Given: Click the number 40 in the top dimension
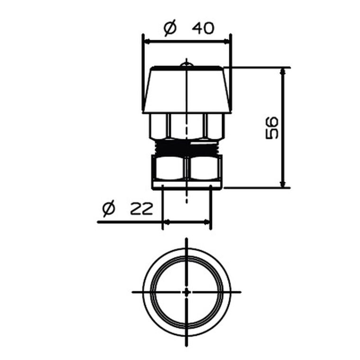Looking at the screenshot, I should click(x=203, y=28).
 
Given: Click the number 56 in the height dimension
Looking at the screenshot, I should click(x=271, y=127).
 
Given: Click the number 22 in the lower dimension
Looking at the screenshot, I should click(x=142, y=208).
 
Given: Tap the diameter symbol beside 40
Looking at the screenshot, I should click(x=170, y=28).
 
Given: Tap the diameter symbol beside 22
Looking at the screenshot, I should click(x=108, y=208).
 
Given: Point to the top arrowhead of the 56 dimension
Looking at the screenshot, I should click(x=283, y=71).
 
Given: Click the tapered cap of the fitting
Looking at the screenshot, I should click(x=187, y=90).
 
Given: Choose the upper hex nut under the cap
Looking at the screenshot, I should click(x=187, y=126).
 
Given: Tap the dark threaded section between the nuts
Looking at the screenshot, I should click(x=187, y=148).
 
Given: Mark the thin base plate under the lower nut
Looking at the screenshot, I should click(x=187, y=186).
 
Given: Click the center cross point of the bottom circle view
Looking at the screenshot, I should click(x=187, y=292).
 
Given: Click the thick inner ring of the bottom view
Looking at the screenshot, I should click(x=154, y=292).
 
